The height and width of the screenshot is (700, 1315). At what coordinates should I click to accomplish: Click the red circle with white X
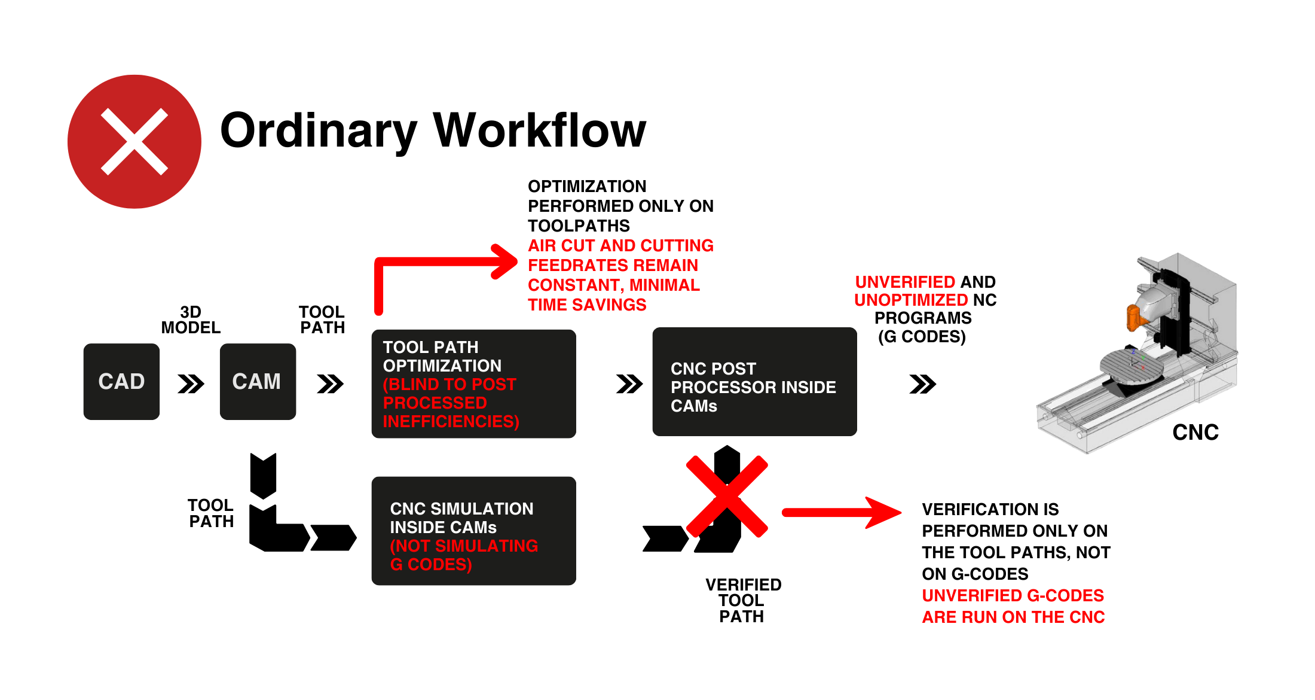(134, 142)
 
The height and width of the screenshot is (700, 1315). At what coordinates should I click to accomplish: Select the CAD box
(121, 382)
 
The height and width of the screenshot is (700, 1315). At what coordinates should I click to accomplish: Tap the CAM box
(258, 382)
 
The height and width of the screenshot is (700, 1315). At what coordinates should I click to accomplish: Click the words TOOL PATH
(430, 348)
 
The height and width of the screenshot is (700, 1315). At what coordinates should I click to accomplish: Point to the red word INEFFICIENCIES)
(451, 422)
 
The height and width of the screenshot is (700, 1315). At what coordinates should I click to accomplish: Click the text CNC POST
(713, 369)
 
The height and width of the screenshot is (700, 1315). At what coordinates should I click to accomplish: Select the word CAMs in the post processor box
(693, 406)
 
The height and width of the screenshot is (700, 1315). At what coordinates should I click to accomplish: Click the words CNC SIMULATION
(461, 509)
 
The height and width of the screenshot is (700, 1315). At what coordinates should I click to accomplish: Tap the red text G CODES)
(431, 565)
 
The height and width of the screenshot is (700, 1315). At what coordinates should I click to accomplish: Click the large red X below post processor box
(727, 497)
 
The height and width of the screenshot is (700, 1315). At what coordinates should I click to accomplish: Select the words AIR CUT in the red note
(561, 246)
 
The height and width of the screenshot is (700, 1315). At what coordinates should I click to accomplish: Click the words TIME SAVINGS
(587, 305)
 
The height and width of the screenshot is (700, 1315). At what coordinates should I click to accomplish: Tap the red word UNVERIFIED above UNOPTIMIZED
(905, 282)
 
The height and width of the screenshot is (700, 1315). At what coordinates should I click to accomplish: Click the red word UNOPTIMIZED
(911, 300)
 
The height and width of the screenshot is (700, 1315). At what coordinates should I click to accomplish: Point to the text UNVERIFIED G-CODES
(1013, 596)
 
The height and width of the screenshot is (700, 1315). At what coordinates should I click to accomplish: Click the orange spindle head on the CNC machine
(1133, 317)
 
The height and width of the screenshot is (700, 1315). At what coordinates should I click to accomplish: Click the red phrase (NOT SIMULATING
(464, 546)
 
